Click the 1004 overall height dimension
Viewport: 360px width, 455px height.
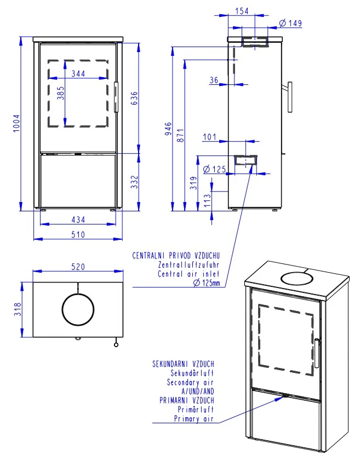point(16,125)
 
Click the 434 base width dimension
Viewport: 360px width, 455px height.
point(78,219)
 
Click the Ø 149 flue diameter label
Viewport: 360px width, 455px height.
point(291,23)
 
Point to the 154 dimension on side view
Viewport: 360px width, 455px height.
point(242,11)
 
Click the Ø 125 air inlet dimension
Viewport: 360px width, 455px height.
point(214,169)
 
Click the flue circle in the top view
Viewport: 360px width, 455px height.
point(78,309)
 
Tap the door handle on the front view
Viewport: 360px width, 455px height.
point(116,97)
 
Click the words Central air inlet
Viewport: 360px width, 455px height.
point(188,274)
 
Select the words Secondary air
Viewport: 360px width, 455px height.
point(190,382)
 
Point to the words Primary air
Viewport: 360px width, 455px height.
point(193,419)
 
